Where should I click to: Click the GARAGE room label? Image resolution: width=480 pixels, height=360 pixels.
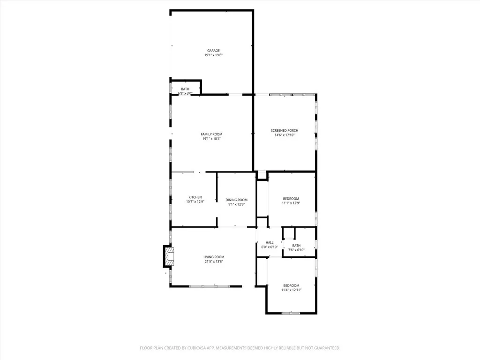pyautogui.click(x=213, y=51)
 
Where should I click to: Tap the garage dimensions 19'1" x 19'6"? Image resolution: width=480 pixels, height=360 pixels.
pyautogui.click(x=213, y=55)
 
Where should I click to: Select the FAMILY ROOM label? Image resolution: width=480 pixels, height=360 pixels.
pyautogui.click(x=211, y=134)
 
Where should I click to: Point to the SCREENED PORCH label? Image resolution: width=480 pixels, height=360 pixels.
pyautogui.click(x=285, y=130)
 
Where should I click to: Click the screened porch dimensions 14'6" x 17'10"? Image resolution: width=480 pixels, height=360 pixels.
pyautogui.click(x=285, y=135)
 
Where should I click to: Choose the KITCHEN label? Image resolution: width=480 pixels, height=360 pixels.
pyautogui.click(x=195, y=197)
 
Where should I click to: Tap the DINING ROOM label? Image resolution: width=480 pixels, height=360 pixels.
pyautogui.click(x=236, y=200)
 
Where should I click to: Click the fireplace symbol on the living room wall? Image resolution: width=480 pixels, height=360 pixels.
pyautogui.click(x=169, y=255)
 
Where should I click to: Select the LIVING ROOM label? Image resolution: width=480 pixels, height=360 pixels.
pyautogui.click(x=214, y=257)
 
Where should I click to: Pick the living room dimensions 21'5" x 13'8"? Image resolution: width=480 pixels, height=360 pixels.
pyautogui.click(x=214, y=262)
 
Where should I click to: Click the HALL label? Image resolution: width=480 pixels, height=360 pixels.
pyautogui.click(x=270, y=242)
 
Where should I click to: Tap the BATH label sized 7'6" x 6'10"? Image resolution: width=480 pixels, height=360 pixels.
pyautogui.click(x=296, y=245)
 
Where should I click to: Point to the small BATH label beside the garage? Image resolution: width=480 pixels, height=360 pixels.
pyautogui.click(x=185, y=89)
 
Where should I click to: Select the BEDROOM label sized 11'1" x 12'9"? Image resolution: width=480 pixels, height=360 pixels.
pyautogui.click(x=291, y=198)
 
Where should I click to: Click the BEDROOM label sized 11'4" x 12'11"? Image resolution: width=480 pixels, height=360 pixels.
pyautogui.click(x=291, y=285)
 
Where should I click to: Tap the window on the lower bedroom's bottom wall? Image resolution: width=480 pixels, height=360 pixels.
pyautogui.click(x=291, y=313)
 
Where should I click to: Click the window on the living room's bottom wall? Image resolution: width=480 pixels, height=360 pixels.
pyautogui.click(x=210, y=285)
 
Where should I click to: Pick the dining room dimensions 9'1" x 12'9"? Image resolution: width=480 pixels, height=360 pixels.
pyautogui.click(x=236, y=204)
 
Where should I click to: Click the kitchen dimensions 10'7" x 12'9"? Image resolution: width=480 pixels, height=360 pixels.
pyautogui.click(x=195, y=202)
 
